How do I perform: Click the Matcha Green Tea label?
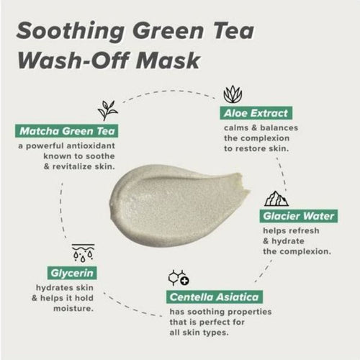pos(65,131)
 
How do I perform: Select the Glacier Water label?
pos(287,215)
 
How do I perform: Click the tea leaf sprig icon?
pos(109,109)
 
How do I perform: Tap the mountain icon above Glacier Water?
pos(276,197)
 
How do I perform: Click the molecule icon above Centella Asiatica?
pos(177,278)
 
